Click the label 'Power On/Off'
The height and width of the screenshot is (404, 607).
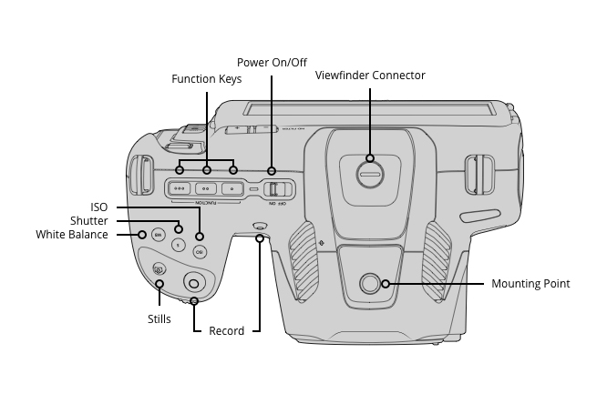(x=272, y=63)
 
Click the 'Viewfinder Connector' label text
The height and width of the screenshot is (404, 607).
(x=370, y=76)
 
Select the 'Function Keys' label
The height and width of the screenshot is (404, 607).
(x=207, y=79)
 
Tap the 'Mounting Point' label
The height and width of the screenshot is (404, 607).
(x=530, y=284)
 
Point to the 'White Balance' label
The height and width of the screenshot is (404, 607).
(x=72, y=235)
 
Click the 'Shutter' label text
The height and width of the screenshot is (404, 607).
(x=89, y=221)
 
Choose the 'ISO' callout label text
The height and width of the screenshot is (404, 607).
(x=98, y=207)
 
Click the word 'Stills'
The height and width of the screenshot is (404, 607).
(x=159, y=319)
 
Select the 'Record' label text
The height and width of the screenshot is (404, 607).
(x=227, y=331)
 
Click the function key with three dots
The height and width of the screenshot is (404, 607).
(x=180, y=189)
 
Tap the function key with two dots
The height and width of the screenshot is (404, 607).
(x=207, y=189)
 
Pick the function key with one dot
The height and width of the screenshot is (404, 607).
(x=233, y=189)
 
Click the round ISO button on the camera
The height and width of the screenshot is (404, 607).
(x=200, y=252)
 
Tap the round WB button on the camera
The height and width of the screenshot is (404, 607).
(x=158, y=235)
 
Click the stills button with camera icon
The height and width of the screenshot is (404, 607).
(x=159, y=269)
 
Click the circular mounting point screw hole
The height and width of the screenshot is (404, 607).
(x=370, y=284)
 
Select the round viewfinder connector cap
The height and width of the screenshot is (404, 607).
(x=370, y=174)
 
